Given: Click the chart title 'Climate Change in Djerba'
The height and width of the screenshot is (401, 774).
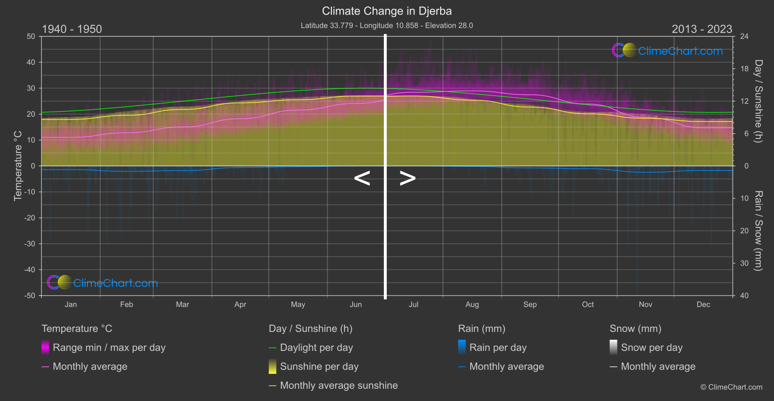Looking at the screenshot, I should click(x=387, y=11).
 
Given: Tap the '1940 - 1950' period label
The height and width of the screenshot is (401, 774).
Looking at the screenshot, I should click(x=72, y=29).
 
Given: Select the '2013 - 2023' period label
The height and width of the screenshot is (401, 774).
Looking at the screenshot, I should click(x=702, y=29).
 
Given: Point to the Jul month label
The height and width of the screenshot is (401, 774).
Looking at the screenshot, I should click(x=413, y=305).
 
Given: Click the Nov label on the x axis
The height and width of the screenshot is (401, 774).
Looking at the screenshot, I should click(x=645, y=305).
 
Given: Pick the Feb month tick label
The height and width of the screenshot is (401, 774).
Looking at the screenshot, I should click(x=126, y=305).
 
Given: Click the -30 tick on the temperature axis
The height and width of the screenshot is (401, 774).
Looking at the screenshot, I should click(x=30, y=244).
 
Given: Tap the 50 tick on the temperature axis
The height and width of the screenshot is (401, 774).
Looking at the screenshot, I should click(x=31, y=36).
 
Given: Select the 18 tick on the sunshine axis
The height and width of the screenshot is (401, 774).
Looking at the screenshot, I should click(x=744, y=69).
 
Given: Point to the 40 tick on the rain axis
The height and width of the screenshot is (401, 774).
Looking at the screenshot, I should click(x=744, y=296).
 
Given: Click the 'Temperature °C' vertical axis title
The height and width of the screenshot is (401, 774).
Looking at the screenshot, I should click(x=18, y=166).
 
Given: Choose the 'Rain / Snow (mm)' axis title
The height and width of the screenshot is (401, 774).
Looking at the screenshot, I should click(x=758, y=230).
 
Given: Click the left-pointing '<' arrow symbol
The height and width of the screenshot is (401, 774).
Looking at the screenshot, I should click(x=362, y=178).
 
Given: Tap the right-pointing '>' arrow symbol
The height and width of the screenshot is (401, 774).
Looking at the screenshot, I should click(x=408, y=178).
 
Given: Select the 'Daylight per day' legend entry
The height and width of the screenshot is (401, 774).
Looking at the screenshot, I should click(x=316, y=348).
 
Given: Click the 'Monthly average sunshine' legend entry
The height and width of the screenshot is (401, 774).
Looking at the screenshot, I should click(x=339, y=385).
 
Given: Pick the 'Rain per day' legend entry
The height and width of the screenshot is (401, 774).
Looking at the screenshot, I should click(x=498, y=348).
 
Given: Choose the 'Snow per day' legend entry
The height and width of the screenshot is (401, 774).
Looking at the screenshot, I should click(x=652, y=348).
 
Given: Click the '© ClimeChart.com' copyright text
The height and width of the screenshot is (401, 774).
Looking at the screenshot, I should click(x=731, y=387).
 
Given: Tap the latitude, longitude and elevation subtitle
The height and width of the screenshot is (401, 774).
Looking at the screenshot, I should click(x=387, y=26).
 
